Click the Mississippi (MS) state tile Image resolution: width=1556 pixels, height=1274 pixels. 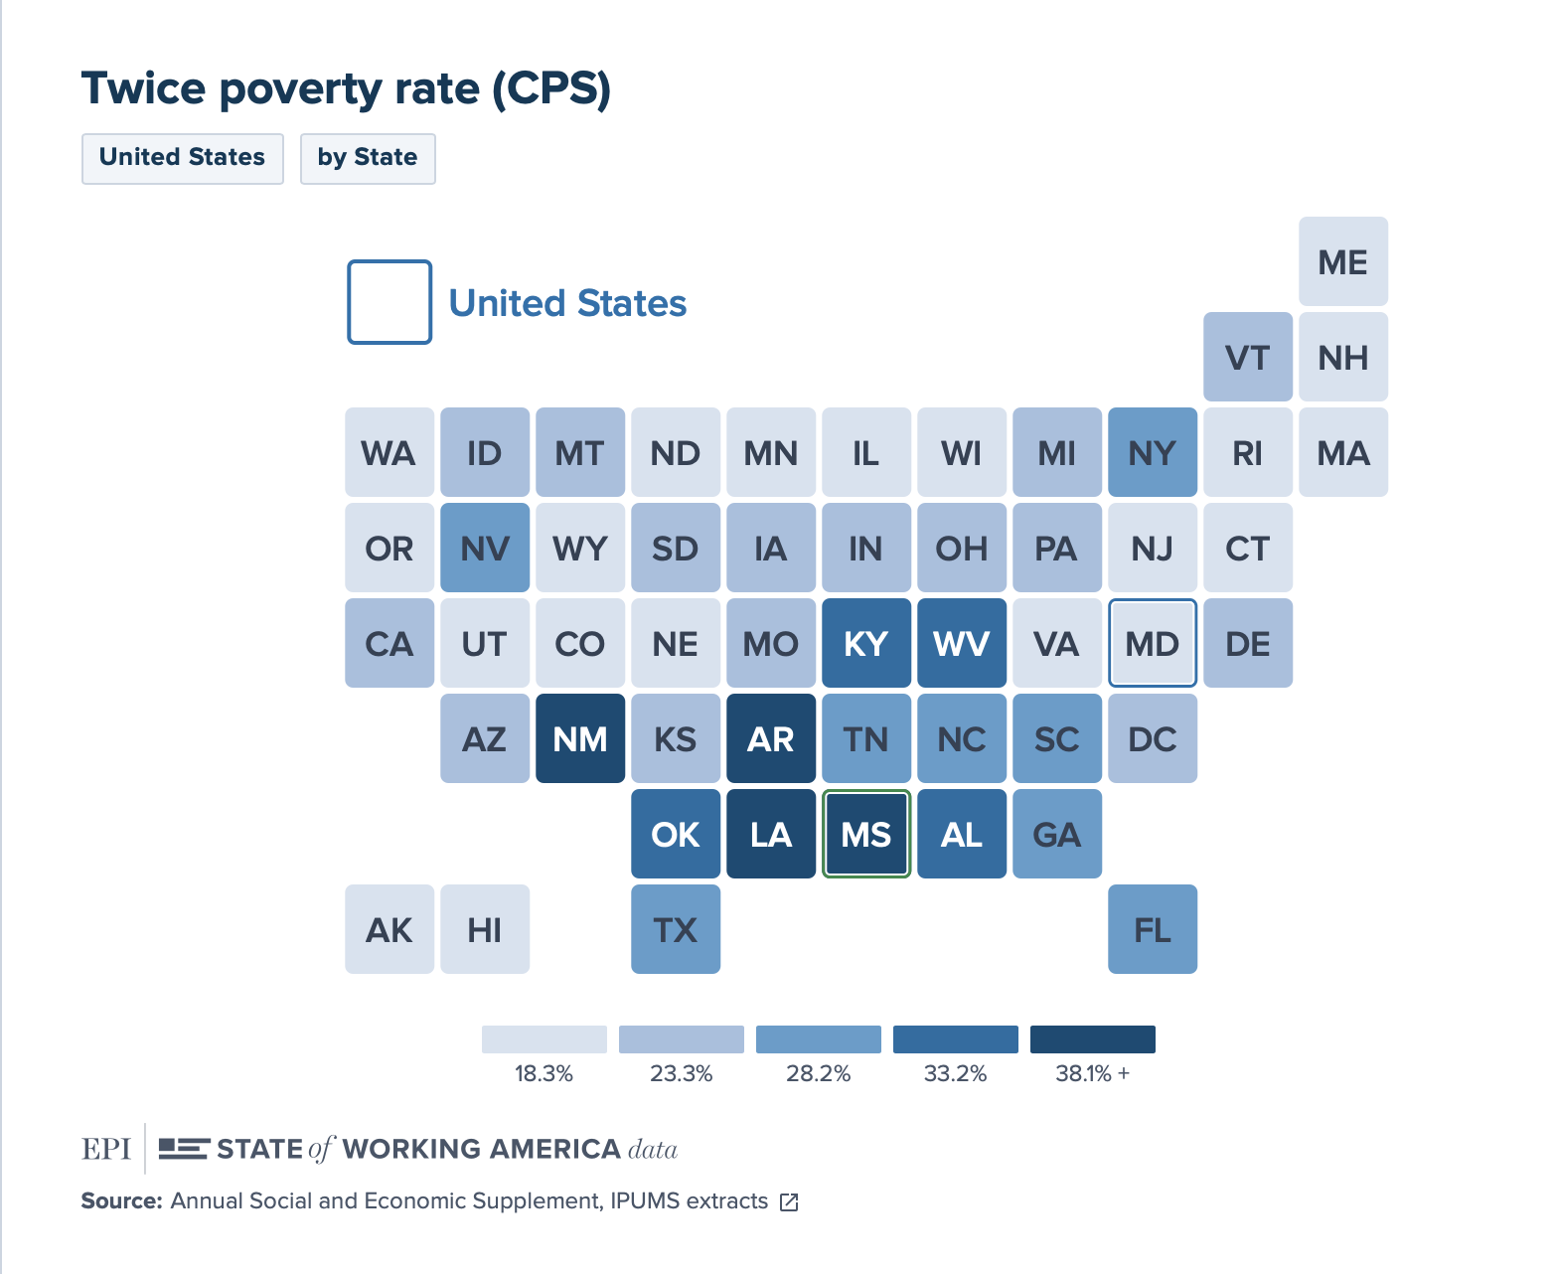pyautogui.click(x=866, y=834)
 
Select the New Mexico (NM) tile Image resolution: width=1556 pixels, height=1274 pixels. pyautogui.click(x=580, y=738)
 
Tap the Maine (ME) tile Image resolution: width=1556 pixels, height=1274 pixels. pyautogui.click(x=1343, y=261)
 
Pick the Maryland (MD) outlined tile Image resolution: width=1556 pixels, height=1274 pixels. pyautogui.click(x=1153, y=643)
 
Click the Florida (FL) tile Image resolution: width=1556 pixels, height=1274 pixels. pyautogui.click(x=1153, y=929)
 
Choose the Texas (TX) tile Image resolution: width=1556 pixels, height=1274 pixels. pyautogui.click(x=676, y=929)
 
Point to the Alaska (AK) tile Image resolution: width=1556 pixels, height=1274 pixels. pyautogui.click(x=389, y=929)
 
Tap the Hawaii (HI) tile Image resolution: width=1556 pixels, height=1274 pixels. pyautogui.click(x=485, y=929)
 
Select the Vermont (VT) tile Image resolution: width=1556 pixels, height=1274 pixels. pyautogui.click(x=1248, y=357)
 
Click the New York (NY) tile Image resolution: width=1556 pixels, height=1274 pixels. pyautogui.click(x=1153, y=452)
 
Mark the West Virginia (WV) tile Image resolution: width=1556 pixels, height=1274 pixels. pyautogui.click(x=962, y=643)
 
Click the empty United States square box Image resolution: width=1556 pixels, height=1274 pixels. pyautogui.click(x=389, y=302)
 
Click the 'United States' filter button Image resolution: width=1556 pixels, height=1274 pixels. pyautogui.click(x=183, y=158)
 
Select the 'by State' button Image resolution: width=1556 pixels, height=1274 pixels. pyautogui.click(x=368, y=158)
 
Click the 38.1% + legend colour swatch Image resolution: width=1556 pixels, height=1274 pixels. pyautogui.click(x=1093, y=1039)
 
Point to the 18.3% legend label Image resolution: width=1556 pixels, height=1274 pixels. pyautogui.click(x=544, y=1074)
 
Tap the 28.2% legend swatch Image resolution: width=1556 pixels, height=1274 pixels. pyautogui.click(x=819, y=1039)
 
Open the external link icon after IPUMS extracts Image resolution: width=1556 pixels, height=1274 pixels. pyautogui.click(x=790, y=1202)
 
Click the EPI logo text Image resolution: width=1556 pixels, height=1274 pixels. pyautogui.click(x=106, y=1149)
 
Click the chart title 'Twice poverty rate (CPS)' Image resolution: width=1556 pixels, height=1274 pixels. pyautogui.click(x=346, y=88)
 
